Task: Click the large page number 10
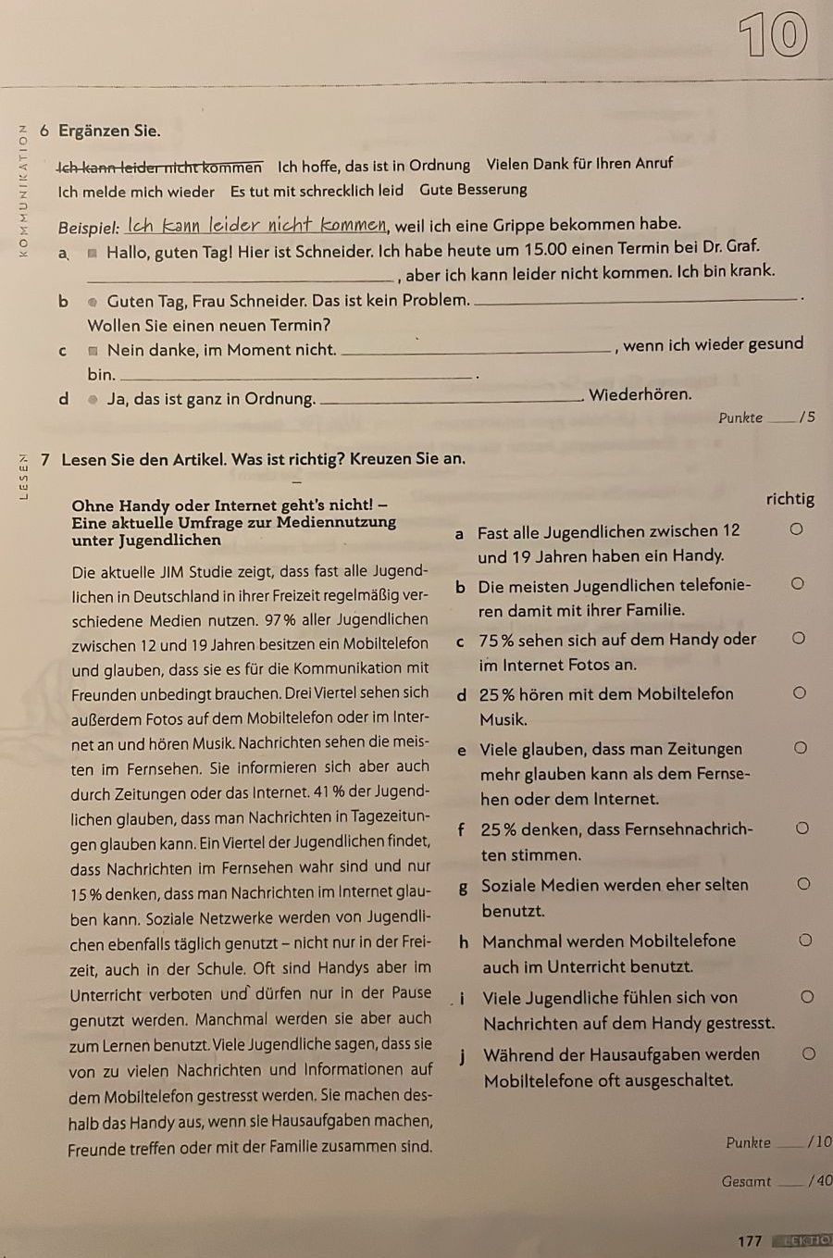[x=774, y=37]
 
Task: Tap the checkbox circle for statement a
[x=795, y=529]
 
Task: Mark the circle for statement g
[x=803, y=884]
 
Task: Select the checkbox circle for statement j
[x=808, y=1053]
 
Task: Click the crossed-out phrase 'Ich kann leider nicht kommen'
[x=160, y=168]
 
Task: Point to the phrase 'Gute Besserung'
[x=473, y=190]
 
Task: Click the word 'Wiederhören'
[x=640, y=394]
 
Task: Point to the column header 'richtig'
[x=790, y=499]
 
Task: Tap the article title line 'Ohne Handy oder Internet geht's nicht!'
[x=229, y=505]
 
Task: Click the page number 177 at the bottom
[x=750, y=1240]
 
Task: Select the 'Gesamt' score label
[x=746, y=1181]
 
